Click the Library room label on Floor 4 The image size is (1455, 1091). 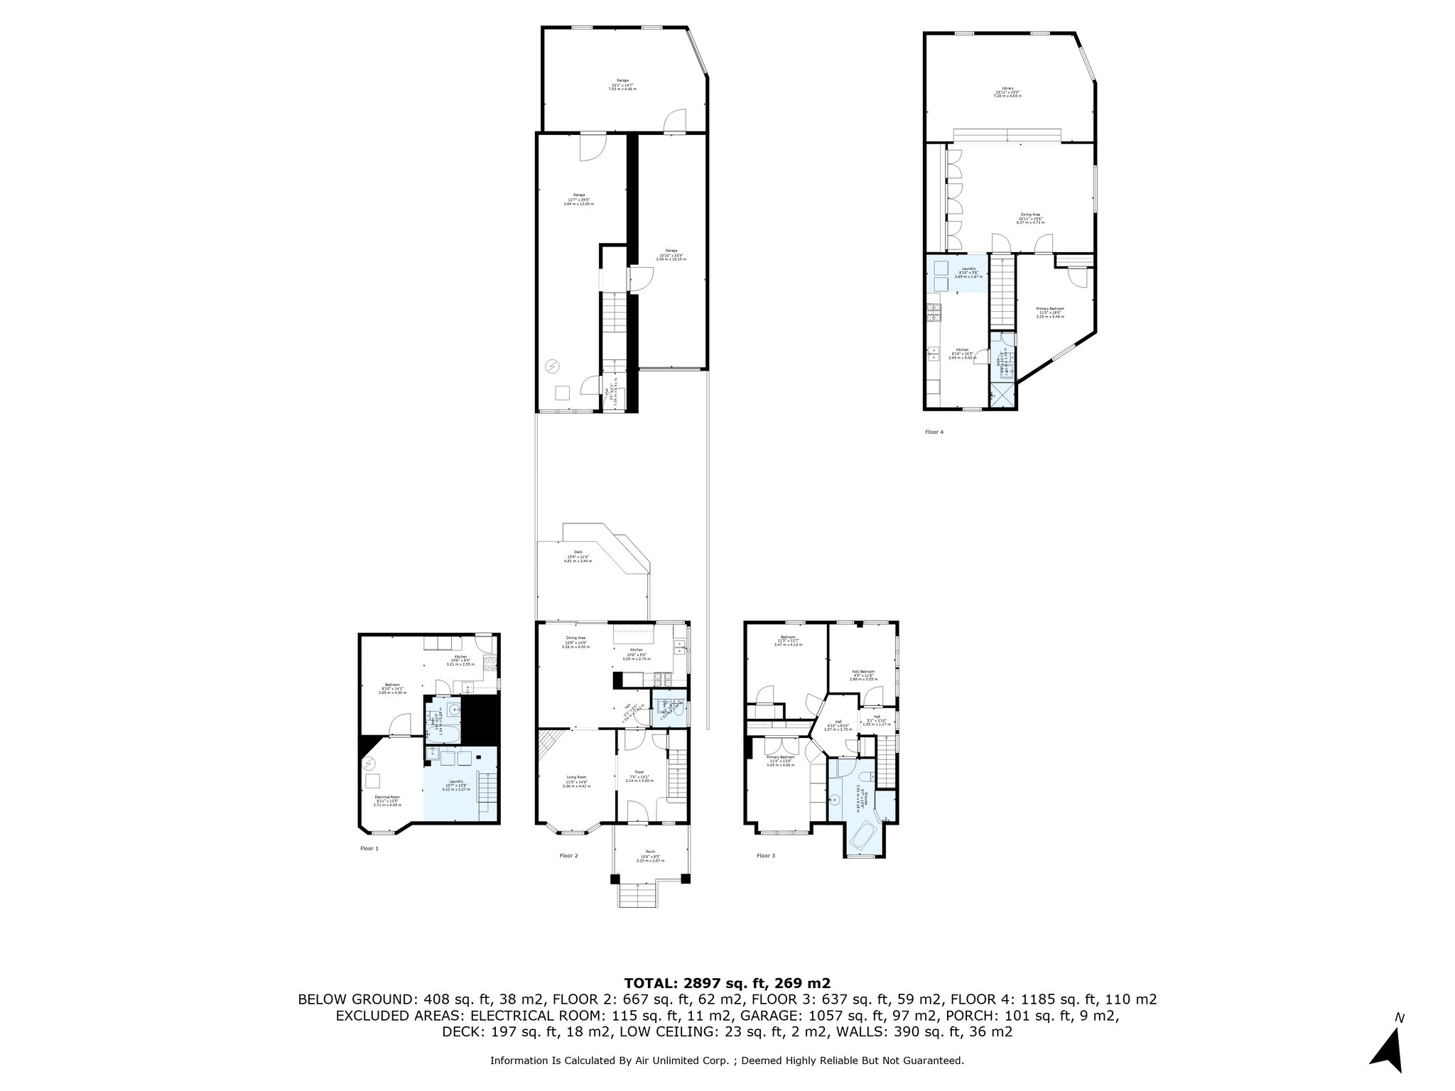1007,88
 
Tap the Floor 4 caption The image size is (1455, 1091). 934,432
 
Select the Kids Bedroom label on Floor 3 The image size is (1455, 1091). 862,671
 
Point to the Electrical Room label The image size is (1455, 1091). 387,797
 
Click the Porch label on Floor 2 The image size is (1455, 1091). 650,852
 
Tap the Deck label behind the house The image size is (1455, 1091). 578,551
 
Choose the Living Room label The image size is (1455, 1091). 574,777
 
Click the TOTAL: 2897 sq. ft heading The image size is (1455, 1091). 727,983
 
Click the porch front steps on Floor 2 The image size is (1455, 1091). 637,896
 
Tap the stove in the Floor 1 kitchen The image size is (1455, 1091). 489,665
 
